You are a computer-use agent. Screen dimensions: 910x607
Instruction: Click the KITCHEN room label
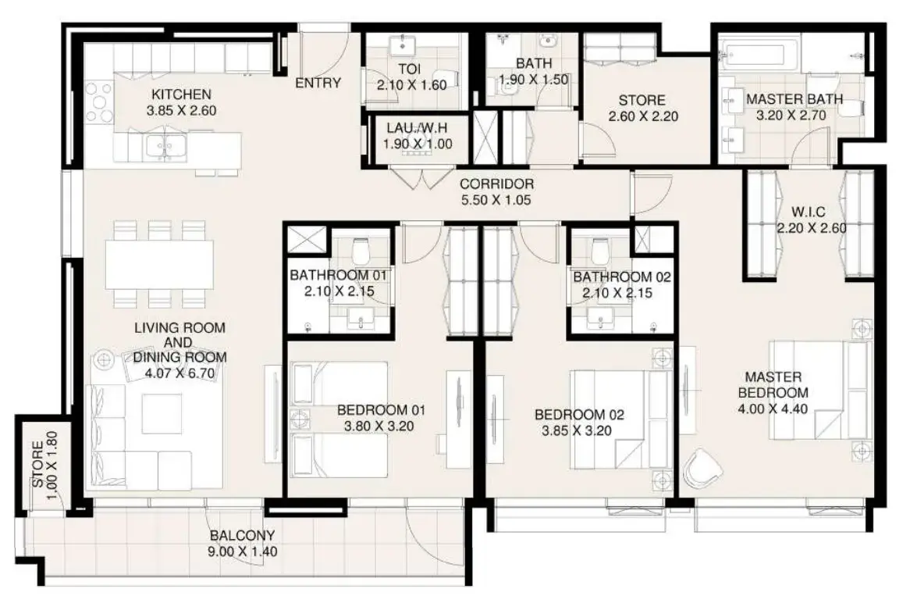pyautogui.click(x=181, y=94)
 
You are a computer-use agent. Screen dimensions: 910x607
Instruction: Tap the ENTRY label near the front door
pyautogui.click(x=318, y=83)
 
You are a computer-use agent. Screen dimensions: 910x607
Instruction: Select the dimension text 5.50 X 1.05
pyautogui.click(x=496, y=201)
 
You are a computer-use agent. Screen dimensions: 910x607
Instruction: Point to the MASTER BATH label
pyautogui.click(x=794, y=99)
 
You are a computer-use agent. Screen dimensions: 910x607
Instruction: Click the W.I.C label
pyautogui.click(x=808, y=212)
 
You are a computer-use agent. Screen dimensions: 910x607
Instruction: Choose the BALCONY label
pyautogui.click(x=242, y=535)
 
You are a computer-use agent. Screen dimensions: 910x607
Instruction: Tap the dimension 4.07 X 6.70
pyautogui.click(x=180, y=373)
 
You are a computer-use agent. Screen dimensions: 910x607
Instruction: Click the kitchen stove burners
pyautogui.click(x=99, y=102)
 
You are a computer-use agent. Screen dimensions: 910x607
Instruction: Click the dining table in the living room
pyautogui.click(x=159, y=264)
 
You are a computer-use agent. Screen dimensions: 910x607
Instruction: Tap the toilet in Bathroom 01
pyautogui.click(x=361, y=252)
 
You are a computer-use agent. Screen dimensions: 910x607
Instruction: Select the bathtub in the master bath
pyautogui.click(x=760, y=55)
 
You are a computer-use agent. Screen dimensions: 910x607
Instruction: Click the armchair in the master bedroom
pyautogui.click(x=702, y=468)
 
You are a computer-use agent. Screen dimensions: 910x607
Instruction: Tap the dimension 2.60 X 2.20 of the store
pyautogui.click(x=643, y=116)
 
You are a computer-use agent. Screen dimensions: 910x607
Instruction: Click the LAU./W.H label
pyautogui.click(x=417, y=128)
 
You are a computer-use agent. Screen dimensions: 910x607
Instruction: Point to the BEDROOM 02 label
pyautogui.click(x=579, y=415)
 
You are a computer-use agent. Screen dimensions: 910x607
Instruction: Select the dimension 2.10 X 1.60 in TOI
pyautogui.click(x=411, y=85)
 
